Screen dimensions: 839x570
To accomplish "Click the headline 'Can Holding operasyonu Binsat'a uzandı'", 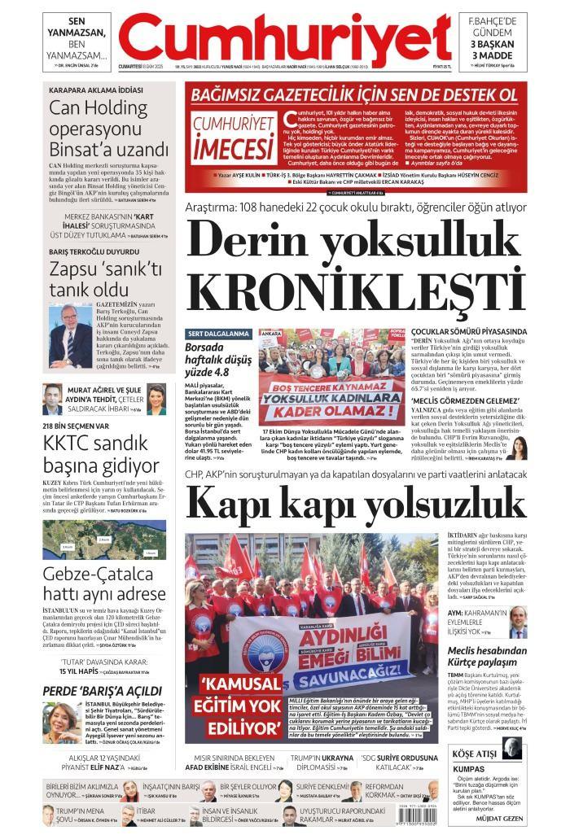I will [x=109, y=129].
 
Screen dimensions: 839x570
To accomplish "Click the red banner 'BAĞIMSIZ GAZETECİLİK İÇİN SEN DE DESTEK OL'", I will [x=354, y=94].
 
